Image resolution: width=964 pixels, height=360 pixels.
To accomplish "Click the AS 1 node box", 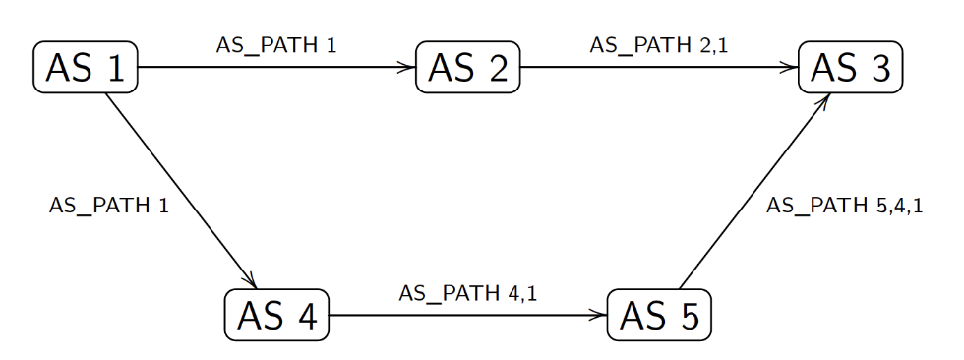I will (86, 68).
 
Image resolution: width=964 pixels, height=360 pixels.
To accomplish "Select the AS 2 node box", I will (467, 68).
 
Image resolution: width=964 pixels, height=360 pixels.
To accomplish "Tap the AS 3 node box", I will (850, 68).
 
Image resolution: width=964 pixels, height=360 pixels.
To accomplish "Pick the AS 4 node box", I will (276, 316).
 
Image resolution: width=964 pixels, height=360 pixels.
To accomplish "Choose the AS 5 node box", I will (658, 316).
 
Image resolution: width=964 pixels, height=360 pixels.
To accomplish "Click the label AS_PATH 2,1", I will (650, 45).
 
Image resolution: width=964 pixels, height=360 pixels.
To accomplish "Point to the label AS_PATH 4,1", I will (467, 293).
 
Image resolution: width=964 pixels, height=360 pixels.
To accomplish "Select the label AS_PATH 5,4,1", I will (844, 206).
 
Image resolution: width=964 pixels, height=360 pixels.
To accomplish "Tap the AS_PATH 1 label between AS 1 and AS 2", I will (276, 45).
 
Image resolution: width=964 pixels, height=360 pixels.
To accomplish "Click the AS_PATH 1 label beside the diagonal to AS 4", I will (108, 206).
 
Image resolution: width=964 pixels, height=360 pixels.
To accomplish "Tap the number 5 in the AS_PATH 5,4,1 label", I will (880, 206).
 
